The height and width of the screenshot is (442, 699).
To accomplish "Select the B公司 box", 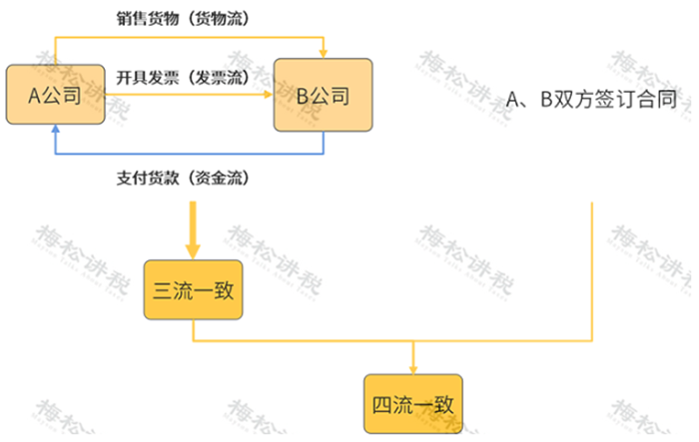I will tap(323, 97).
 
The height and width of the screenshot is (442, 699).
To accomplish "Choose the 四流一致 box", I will tap(412, 405).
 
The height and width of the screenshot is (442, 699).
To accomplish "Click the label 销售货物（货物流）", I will tap(183, 19).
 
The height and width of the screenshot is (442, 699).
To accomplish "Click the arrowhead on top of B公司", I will tap(323, 52).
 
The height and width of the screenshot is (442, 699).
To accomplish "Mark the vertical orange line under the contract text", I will tap(594, 269).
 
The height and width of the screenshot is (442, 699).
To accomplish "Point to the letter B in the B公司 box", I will tap(302, 97).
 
